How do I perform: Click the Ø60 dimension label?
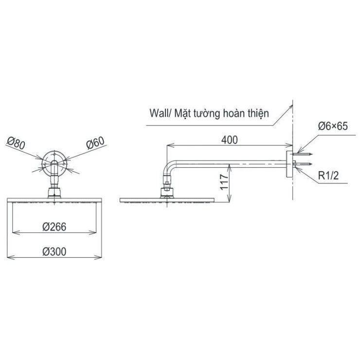click(x=95, y=144)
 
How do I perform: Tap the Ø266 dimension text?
click(x=54, y=227)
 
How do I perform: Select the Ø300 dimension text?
click(x=54, y=252)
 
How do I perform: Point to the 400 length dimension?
click(x=229, y=140)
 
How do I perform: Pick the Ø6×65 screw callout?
click(x=332, y=126)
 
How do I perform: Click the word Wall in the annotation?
click(x=159, y=114)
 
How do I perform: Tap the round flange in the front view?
click(x=54, y=163)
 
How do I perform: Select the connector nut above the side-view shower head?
click(x=166, y=188)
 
